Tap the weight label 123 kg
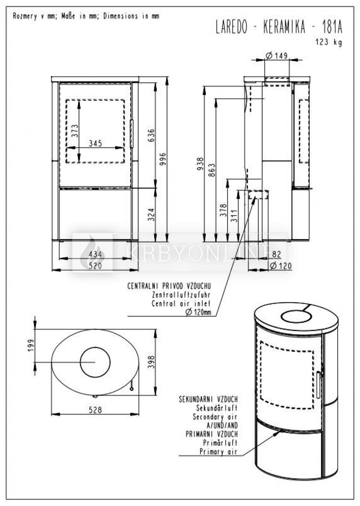coord(329,42)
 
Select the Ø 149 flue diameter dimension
coord(277,56)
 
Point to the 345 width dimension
coord(95,143)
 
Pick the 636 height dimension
coord(152,135)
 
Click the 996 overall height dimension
coord(163,159)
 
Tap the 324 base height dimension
coord(152,215)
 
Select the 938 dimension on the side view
coord(200,164)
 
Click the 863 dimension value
coord(212,170)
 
